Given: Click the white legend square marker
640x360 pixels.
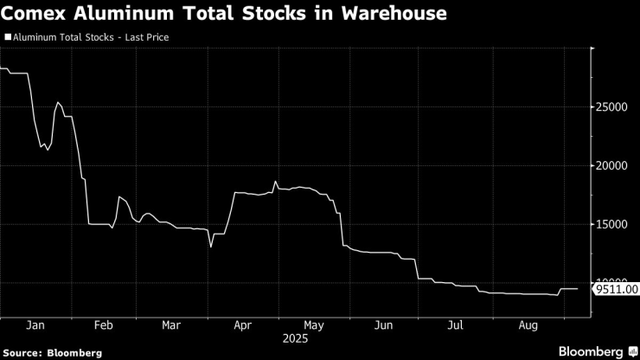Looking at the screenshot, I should tap(8, 38).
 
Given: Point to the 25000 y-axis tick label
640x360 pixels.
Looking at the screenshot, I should tap(611, 107).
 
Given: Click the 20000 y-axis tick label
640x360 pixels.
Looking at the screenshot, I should tap(611, 166).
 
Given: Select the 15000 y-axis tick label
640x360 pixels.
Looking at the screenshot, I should tap(611, 225).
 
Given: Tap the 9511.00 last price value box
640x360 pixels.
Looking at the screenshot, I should tap(616, 289).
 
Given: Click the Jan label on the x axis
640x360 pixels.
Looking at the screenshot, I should tap(35, 326).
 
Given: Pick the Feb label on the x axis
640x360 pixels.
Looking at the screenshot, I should tap(104, 326).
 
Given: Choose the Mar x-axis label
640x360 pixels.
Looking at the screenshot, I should tap(172, 326).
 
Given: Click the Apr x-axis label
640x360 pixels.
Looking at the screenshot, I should tap(243, 326).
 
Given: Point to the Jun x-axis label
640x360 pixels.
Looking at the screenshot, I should tap(385, 326).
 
